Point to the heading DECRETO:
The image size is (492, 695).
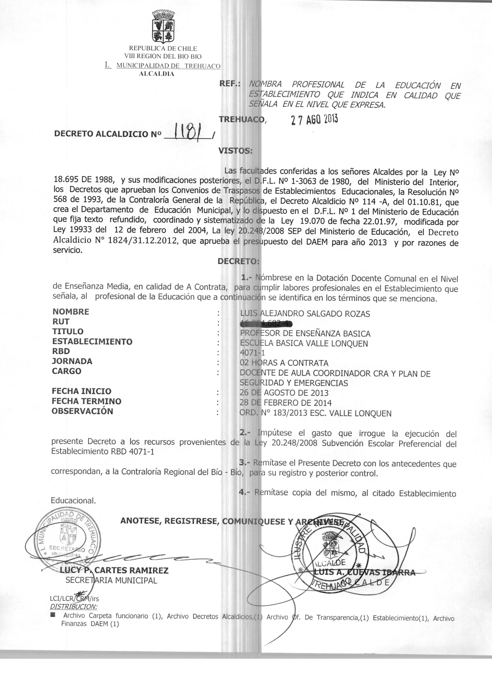pos(238,261)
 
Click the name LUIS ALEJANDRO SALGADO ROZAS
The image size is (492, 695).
pos(305,314)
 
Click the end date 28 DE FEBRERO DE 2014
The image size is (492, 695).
pos(285,403)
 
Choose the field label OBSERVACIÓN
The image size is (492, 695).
pos(82,411)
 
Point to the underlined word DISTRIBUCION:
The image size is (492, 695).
pos(74,607)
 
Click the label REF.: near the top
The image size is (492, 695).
pos(229,84)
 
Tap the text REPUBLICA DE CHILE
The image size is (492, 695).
pos(163,48)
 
